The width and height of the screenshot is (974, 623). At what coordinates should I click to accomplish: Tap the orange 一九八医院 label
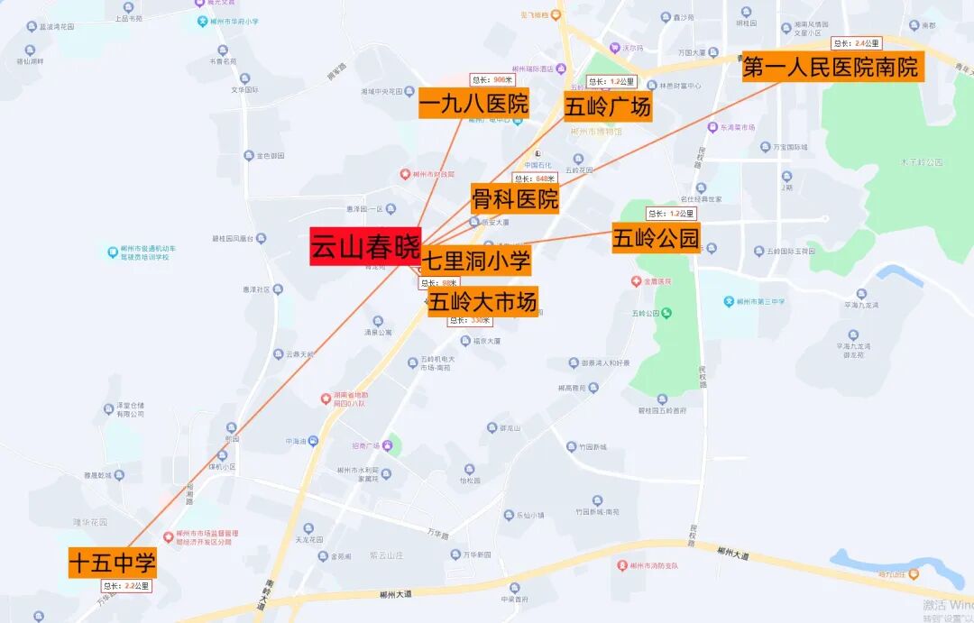point(473,104)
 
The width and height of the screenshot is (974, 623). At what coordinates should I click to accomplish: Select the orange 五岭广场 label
point(608,106)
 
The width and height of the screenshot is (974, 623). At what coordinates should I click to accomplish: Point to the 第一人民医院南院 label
point(831,67)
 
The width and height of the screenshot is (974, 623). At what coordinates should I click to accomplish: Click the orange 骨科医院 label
point(515,197)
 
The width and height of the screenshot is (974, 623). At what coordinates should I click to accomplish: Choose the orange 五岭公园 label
point(656,238)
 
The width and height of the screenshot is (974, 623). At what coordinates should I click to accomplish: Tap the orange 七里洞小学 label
point(476,261)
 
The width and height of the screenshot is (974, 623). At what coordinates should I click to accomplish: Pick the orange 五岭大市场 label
point(483,301)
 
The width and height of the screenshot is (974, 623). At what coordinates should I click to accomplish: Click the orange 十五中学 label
point(113,563)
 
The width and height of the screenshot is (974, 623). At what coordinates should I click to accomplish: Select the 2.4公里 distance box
point(856,42)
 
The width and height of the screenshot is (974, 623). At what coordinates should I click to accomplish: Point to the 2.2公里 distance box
point(126,586)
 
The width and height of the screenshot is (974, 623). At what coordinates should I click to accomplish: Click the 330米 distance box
point(471,320)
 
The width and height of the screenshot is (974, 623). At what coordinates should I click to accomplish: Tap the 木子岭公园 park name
point(921,162)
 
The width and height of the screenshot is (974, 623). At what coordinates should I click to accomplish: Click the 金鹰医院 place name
point(657,281)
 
